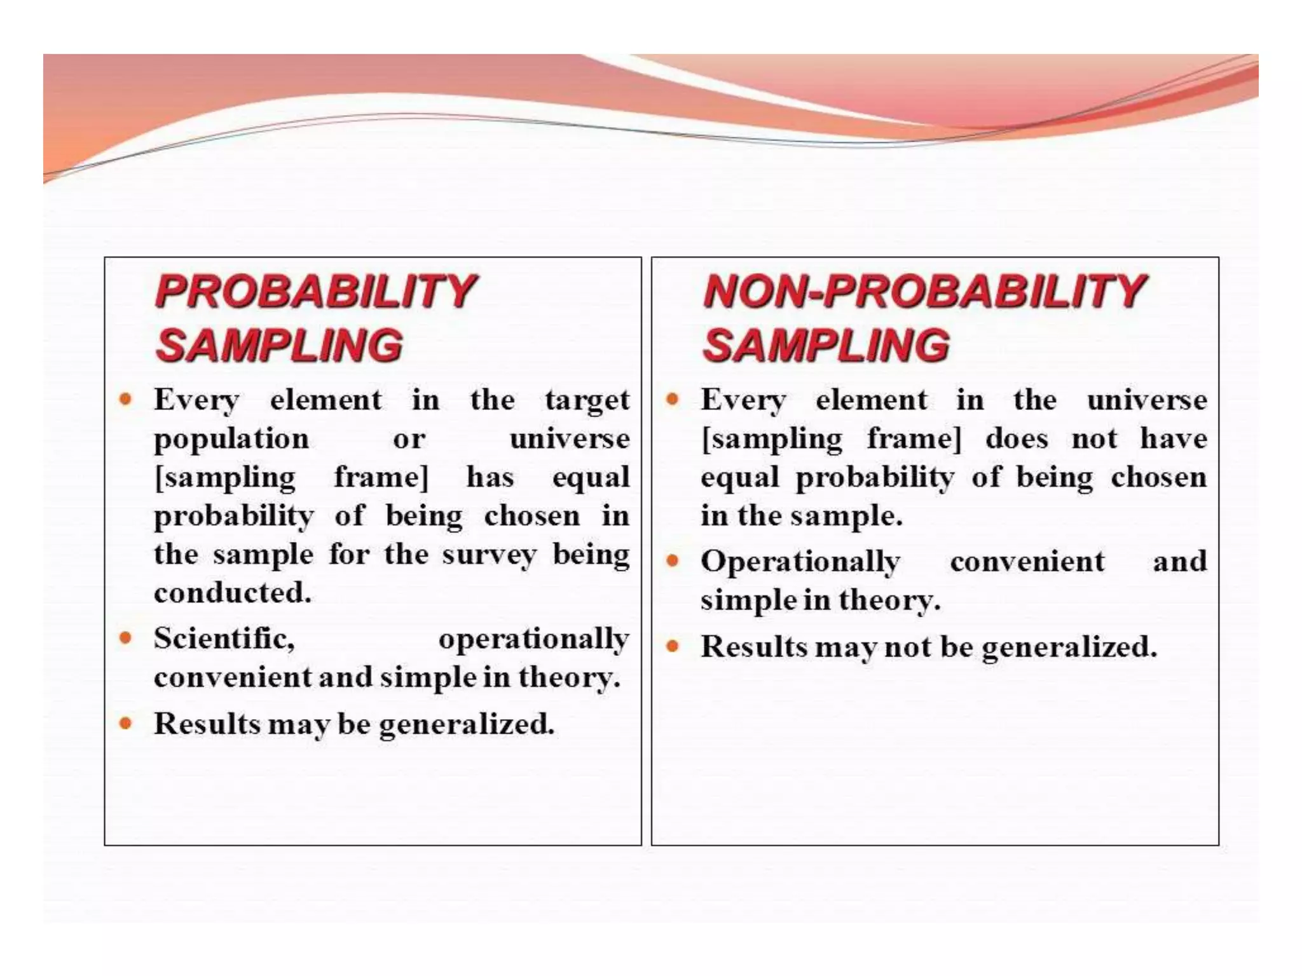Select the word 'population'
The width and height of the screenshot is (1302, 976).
click(x=231, y=440)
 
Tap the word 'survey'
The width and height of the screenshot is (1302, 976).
click(x=489, y=555)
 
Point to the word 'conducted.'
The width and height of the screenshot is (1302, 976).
click(x=233, y=593)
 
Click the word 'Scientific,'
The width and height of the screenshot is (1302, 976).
click(x=224, y=639)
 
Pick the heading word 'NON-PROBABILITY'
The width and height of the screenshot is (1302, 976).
click(x=924, y=292)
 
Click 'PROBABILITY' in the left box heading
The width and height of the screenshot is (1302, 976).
click(x=315, y=292)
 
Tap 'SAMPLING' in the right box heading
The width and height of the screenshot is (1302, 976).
click(x=826, y=346)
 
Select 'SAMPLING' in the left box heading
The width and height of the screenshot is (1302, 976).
click(x=279, y=346)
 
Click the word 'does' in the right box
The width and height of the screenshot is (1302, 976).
click(x=1017, y=439)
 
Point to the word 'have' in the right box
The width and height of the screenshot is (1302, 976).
click(x=1173, y=439)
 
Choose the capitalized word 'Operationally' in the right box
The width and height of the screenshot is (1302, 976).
click(x=800, y=562)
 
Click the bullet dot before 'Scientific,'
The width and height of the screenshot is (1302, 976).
click(x=126, y=637)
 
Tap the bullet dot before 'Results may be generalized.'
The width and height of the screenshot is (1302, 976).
click(x=126, y=723)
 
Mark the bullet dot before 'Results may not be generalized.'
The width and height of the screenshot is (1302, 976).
click(x=673, y=647)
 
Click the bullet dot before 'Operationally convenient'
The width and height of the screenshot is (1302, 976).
click(x=673, y=561)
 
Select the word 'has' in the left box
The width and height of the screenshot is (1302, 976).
click(x=490, y=478)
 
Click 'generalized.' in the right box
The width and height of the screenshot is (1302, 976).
click(x=1069, y=647)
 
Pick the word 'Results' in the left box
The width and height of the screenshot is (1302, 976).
click(x=207, y=724)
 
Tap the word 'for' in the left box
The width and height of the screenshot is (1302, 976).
click(x=348, y=555)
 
